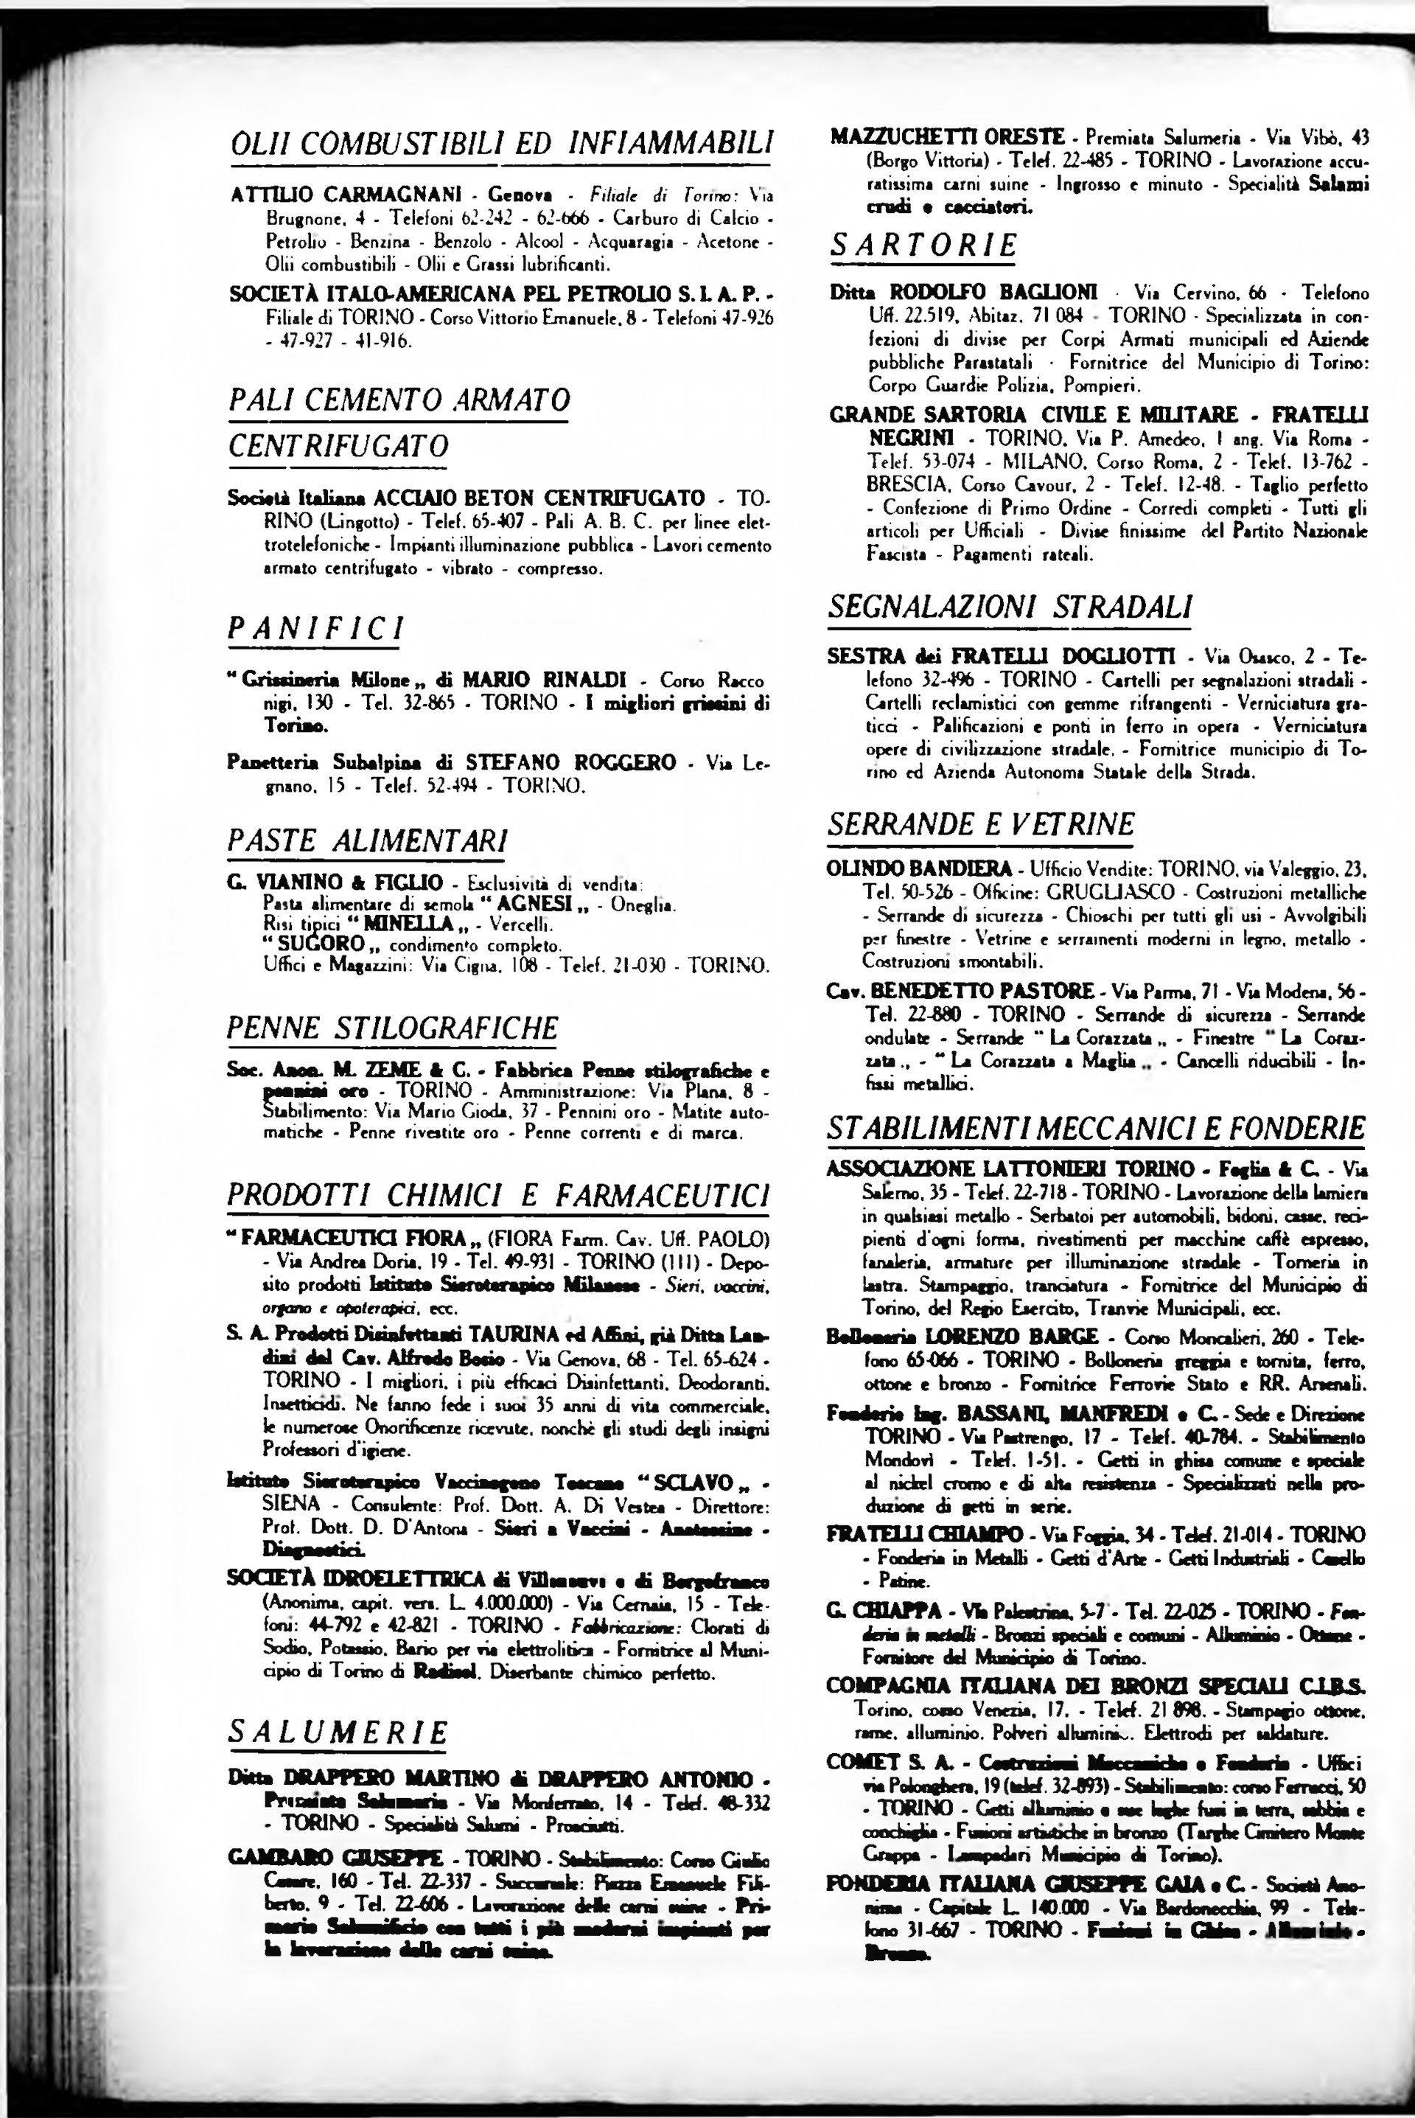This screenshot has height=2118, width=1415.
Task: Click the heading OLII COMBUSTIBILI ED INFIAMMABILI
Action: click(x=501, y=142)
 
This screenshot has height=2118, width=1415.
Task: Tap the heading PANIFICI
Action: click(x=315, y=628)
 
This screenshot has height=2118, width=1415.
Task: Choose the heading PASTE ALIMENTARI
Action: click(x=366, y=840)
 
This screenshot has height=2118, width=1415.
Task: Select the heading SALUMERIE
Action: click(x=338, y=1732)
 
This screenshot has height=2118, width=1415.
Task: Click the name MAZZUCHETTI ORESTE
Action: click(x=948, y=137)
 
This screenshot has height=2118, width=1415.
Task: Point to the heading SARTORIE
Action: click(x=923, y=245)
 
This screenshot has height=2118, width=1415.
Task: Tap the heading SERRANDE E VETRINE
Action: click(x=981, y=824)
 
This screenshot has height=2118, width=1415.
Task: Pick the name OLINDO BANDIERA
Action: click(x=920, y=869)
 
